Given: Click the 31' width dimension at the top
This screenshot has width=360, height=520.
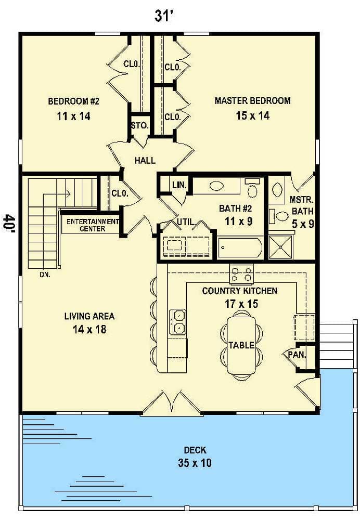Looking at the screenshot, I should click(x=163, y=16).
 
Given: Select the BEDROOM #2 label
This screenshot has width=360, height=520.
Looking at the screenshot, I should click(x=73, y=100).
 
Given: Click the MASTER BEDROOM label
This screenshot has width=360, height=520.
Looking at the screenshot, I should click(x=252, y=100).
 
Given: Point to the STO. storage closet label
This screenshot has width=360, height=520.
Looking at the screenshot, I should click(x=140, y=126).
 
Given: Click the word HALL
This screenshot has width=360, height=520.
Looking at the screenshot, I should click(x=145, y=161).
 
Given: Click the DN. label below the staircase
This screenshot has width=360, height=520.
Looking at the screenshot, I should click(x=44, y=275).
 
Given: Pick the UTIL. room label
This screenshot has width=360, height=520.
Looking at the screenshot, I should click(x=186, y=222).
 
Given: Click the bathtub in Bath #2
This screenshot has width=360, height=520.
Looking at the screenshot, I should click(x=240, y=248).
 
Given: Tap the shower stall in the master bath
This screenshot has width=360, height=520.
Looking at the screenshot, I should click(x=280, y=248).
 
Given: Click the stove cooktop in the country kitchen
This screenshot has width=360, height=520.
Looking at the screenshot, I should click(x=242, y=274).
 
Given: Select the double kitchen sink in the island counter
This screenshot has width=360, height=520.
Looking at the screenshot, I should click(x=178, y=321).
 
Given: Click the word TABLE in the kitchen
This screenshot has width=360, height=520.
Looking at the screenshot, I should click(x=241, y=345).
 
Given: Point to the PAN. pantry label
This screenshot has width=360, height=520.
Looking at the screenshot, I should click(x=297, y=355).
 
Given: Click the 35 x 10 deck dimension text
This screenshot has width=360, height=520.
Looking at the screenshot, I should click(x=192, y=463).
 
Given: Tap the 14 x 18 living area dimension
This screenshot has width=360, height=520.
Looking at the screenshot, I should click(x=89, y=329).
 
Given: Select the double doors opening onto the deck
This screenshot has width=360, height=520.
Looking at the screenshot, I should click(x=171, y=404).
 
